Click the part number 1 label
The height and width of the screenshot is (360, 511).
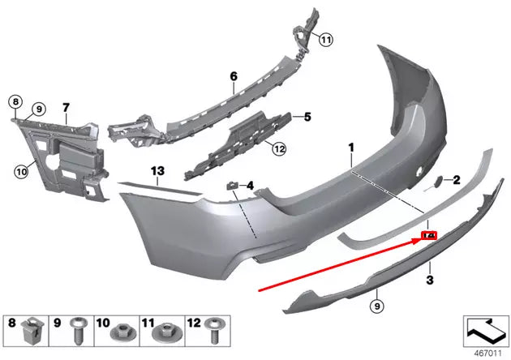coord(352,148)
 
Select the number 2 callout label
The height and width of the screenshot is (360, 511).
coord(457,179)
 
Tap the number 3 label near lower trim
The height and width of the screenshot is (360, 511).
coord(430,280)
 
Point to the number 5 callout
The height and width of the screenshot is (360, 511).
coord(307,117)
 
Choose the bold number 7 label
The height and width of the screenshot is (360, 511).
coord(66,107)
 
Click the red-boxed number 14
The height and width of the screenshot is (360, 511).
coord(429,236)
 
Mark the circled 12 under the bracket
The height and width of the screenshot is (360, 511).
coord(278,148)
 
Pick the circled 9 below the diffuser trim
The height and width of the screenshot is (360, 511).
coord(375,306)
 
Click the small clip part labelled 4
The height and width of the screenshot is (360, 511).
coord(231,187)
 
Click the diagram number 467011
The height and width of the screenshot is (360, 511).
coord(484,353)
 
